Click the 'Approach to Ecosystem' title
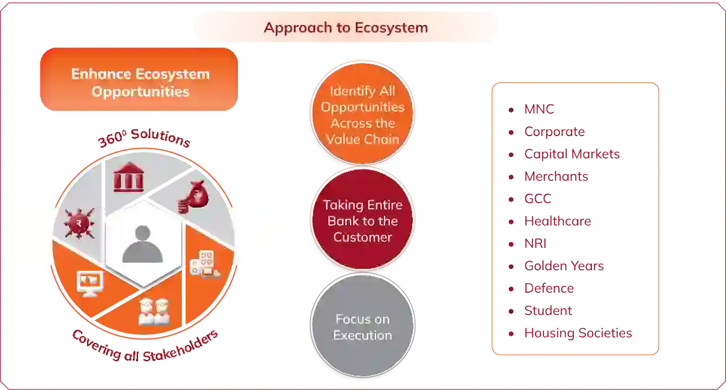pyautogui.click(x=346, y=27)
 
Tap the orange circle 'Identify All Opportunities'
pyautogui.click(x=362, y=115)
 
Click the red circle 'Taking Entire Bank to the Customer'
pyautogui.click(x=362, y=221)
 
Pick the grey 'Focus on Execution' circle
pyautogui.click(x=362, y=327)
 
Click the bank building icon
pyautogui.click(x=128, y=177)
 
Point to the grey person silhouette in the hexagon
pyautogui.click(x=143, y=243)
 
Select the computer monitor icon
pyautogui.click(x=90, y=283)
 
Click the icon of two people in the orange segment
pyautogui.click(x=154, y=311)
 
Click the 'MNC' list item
pyautogui.click(x=539, y=109)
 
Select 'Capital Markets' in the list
pyautogui.click(x=572, y=154)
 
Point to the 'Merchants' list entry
pyautogui.click(x=557, y=177)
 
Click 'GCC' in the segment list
pyautogui.click(x=538, y=199)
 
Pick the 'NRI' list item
pyautogui.click(x=536, y=244)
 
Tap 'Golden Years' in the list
pyautogui.click(x=564, y=266)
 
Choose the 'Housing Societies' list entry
pyautogui.click(x=578, y=332)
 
